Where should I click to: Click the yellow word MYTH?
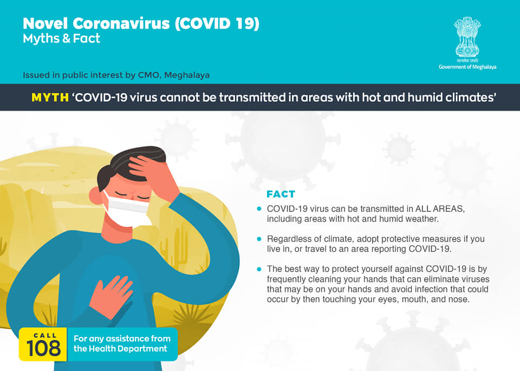[x=50, y=97]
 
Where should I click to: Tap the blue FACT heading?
[x=281, y=194]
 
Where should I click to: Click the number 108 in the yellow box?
[x=43, y=348]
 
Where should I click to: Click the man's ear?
[x=95, y=196]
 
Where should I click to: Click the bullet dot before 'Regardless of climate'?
[x=259, y=239]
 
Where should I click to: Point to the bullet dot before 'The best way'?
[x=259, y=269]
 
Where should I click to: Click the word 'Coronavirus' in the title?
[x=121, y=23]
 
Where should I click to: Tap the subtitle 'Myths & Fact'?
[x=61, y=39]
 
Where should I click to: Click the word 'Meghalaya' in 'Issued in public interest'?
[x=187, y=75]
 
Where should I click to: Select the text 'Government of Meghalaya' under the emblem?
[x=467, y=67]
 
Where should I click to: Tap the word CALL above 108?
[x=45, y=335]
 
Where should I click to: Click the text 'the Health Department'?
[x=120, y=349]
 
